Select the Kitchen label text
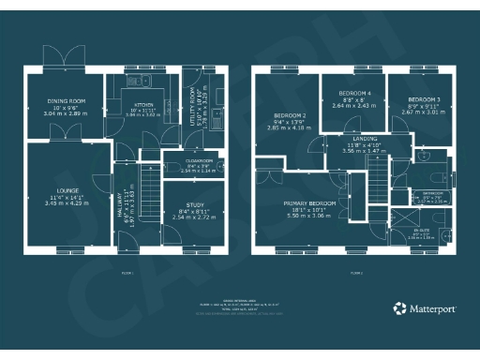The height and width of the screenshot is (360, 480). pos(142,105)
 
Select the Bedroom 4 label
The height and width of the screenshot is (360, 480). pos(354,94)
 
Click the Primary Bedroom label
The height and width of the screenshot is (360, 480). pos(309,202)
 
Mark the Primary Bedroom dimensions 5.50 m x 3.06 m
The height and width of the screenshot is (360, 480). pos(309,215)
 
